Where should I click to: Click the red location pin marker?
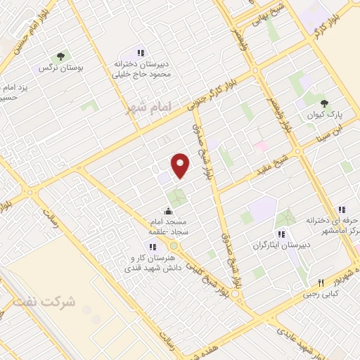tap(181, 165)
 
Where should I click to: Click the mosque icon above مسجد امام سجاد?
tap(168, 211)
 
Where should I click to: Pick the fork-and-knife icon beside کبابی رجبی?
tap(321, 283)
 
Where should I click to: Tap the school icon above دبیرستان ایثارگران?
tap(281, 234)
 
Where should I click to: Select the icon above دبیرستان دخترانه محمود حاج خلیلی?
tap(141, 52)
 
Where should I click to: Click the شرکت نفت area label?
tap(44, 302)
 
